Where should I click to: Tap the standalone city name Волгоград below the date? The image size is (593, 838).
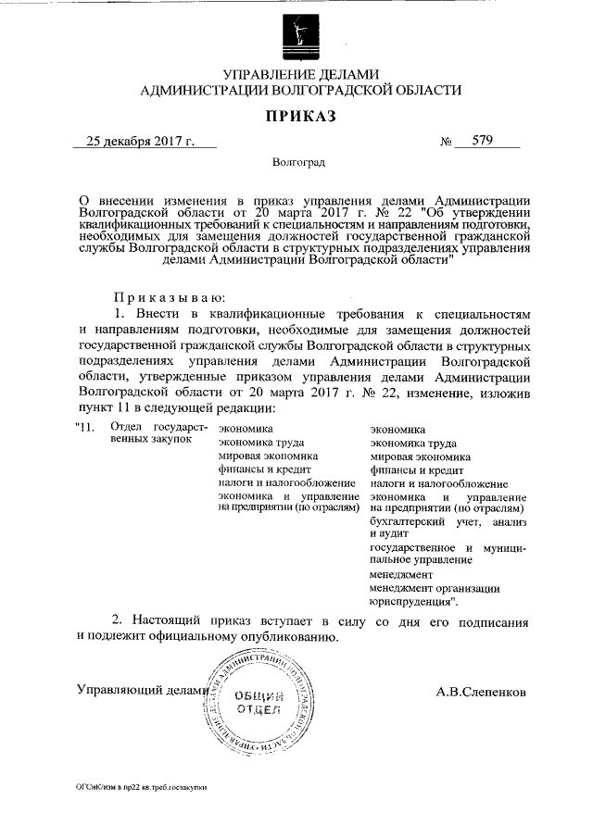coord(298,163)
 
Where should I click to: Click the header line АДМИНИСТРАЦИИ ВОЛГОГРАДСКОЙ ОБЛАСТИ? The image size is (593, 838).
coord(297,90)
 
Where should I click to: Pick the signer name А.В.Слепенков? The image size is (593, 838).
coord(480,691)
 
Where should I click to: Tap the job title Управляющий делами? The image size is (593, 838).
coord(140,691)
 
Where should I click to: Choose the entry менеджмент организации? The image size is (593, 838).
coord(435,588)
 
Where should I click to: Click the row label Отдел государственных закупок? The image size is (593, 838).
coord(149,433)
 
